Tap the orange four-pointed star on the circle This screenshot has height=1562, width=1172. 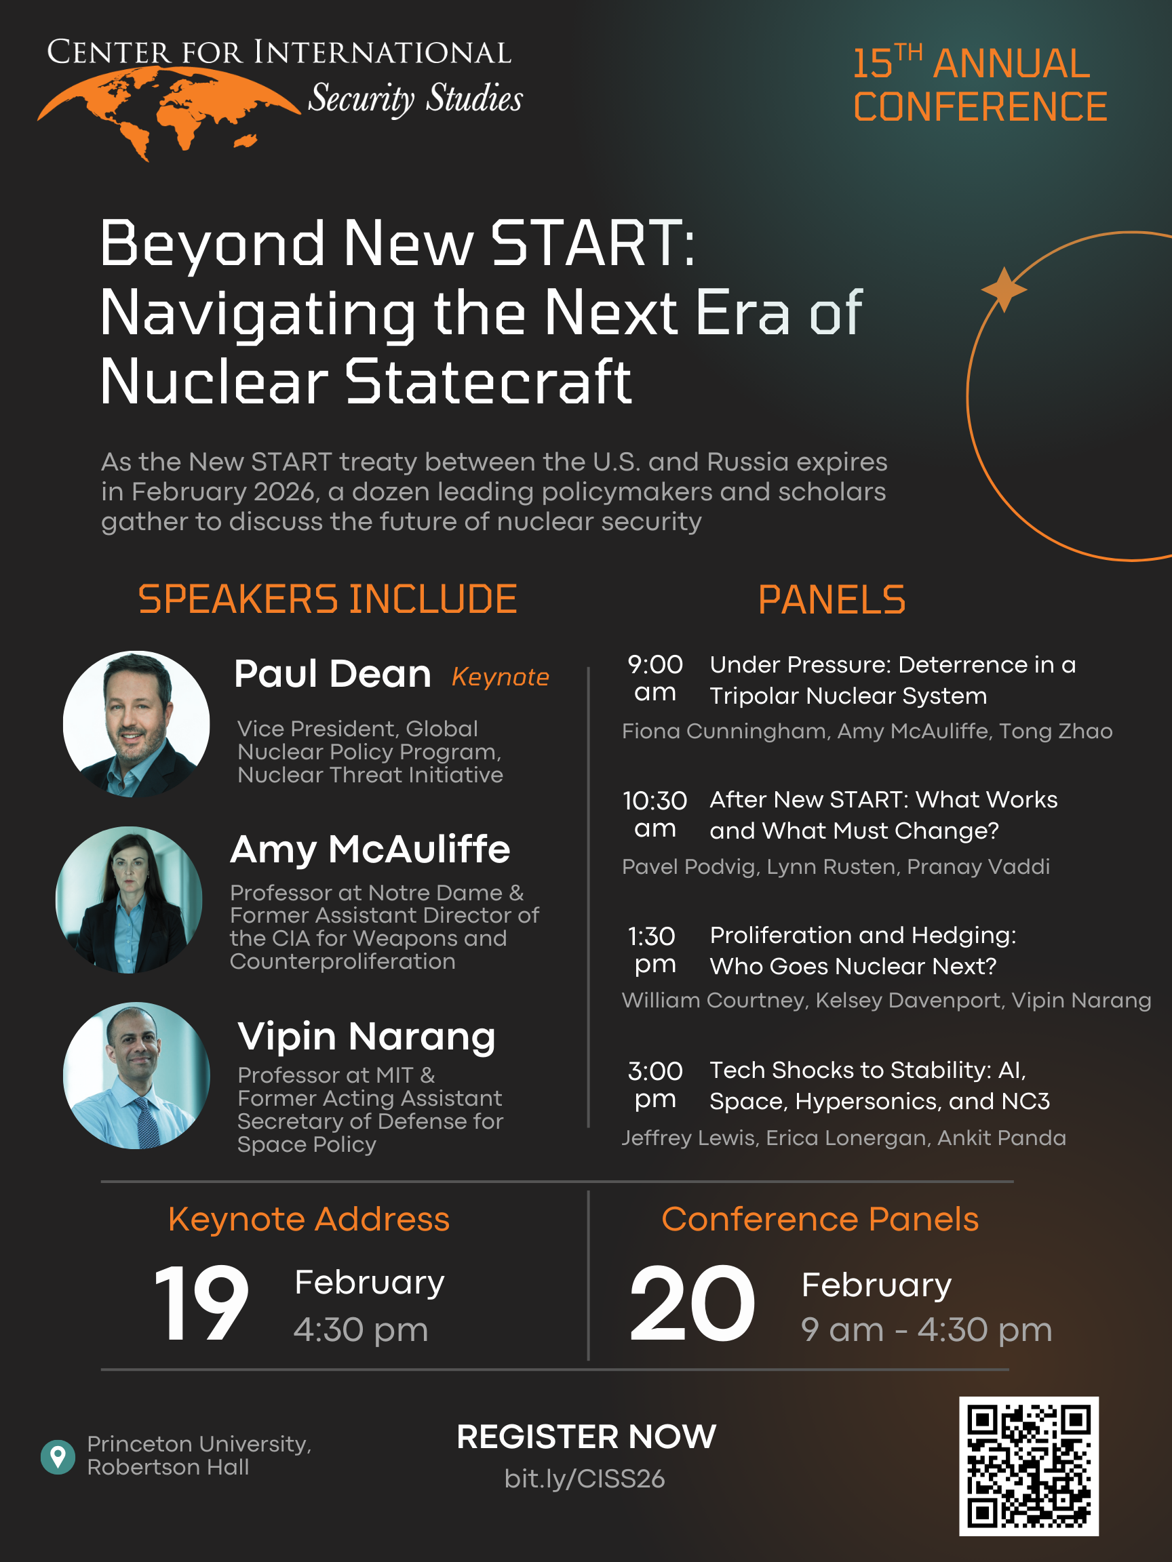[1004, 289]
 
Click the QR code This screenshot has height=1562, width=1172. [1029, 1466]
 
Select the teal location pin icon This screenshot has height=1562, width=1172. [58, 1457]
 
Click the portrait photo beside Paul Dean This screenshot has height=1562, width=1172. [136, 724]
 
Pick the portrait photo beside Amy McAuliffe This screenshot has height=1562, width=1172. [130, 900]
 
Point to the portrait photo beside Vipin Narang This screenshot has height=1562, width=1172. [136, 1075]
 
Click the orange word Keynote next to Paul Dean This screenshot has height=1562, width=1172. [500, 677]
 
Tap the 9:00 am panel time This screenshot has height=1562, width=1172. [655, 678]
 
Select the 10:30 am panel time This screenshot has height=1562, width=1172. [655, 814]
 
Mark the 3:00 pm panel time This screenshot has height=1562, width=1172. [655, 1084]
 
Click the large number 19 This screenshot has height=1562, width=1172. [201, 1303]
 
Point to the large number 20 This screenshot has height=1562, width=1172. [692, 1303]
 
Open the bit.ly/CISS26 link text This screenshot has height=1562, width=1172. [585, 1478]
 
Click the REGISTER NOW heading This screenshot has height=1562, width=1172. [587, 1437]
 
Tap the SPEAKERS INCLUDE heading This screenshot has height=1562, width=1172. [328, 599]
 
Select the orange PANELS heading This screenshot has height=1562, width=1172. [832, 599]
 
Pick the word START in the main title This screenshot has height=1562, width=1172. [593, 243]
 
